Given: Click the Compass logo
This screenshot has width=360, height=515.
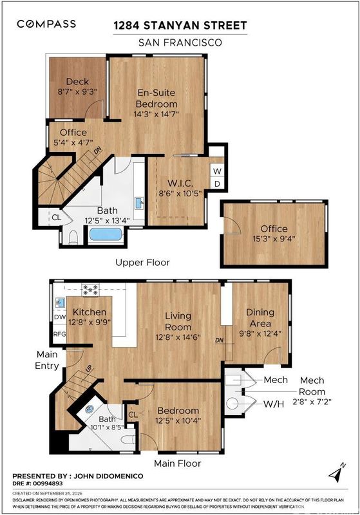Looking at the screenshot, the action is click(46, 24).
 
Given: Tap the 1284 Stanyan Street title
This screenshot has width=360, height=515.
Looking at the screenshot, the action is click(180, 26).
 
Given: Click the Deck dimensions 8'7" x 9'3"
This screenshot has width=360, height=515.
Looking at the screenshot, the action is click(77, 91).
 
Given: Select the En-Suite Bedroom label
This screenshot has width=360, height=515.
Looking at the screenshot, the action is click(156, 98).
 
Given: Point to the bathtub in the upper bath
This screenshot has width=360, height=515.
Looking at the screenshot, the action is click(106, 234).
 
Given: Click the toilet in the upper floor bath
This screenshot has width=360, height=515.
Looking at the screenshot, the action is click(73, 238).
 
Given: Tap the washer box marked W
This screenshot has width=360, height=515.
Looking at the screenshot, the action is click(217, 171).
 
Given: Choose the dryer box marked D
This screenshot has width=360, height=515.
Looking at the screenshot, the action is click(217, 184).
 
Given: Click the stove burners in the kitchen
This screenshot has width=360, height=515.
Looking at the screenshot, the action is click(90, 290).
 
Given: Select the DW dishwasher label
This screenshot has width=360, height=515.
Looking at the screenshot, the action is click(60, 317).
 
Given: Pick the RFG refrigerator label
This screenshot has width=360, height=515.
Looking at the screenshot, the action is click(60, 334).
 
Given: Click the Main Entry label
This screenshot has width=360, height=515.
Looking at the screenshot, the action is click(47, 360).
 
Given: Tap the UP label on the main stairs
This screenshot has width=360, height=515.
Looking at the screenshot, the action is click(89, 368).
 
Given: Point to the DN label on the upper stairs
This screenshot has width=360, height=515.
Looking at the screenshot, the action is click(97, 151).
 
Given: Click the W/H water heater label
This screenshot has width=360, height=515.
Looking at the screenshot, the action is click(274, 404).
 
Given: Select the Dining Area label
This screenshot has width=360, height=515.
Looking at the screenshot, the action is click(260, 317).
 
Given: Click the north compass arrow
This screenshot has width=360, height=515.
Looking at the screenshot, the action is click(337, 473).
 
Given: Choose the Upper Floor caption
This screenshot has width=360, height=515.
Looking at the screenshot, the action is click(142, 263).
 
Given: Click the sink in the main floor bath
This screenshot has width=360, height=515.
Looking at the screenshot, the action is click(90, 409).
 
